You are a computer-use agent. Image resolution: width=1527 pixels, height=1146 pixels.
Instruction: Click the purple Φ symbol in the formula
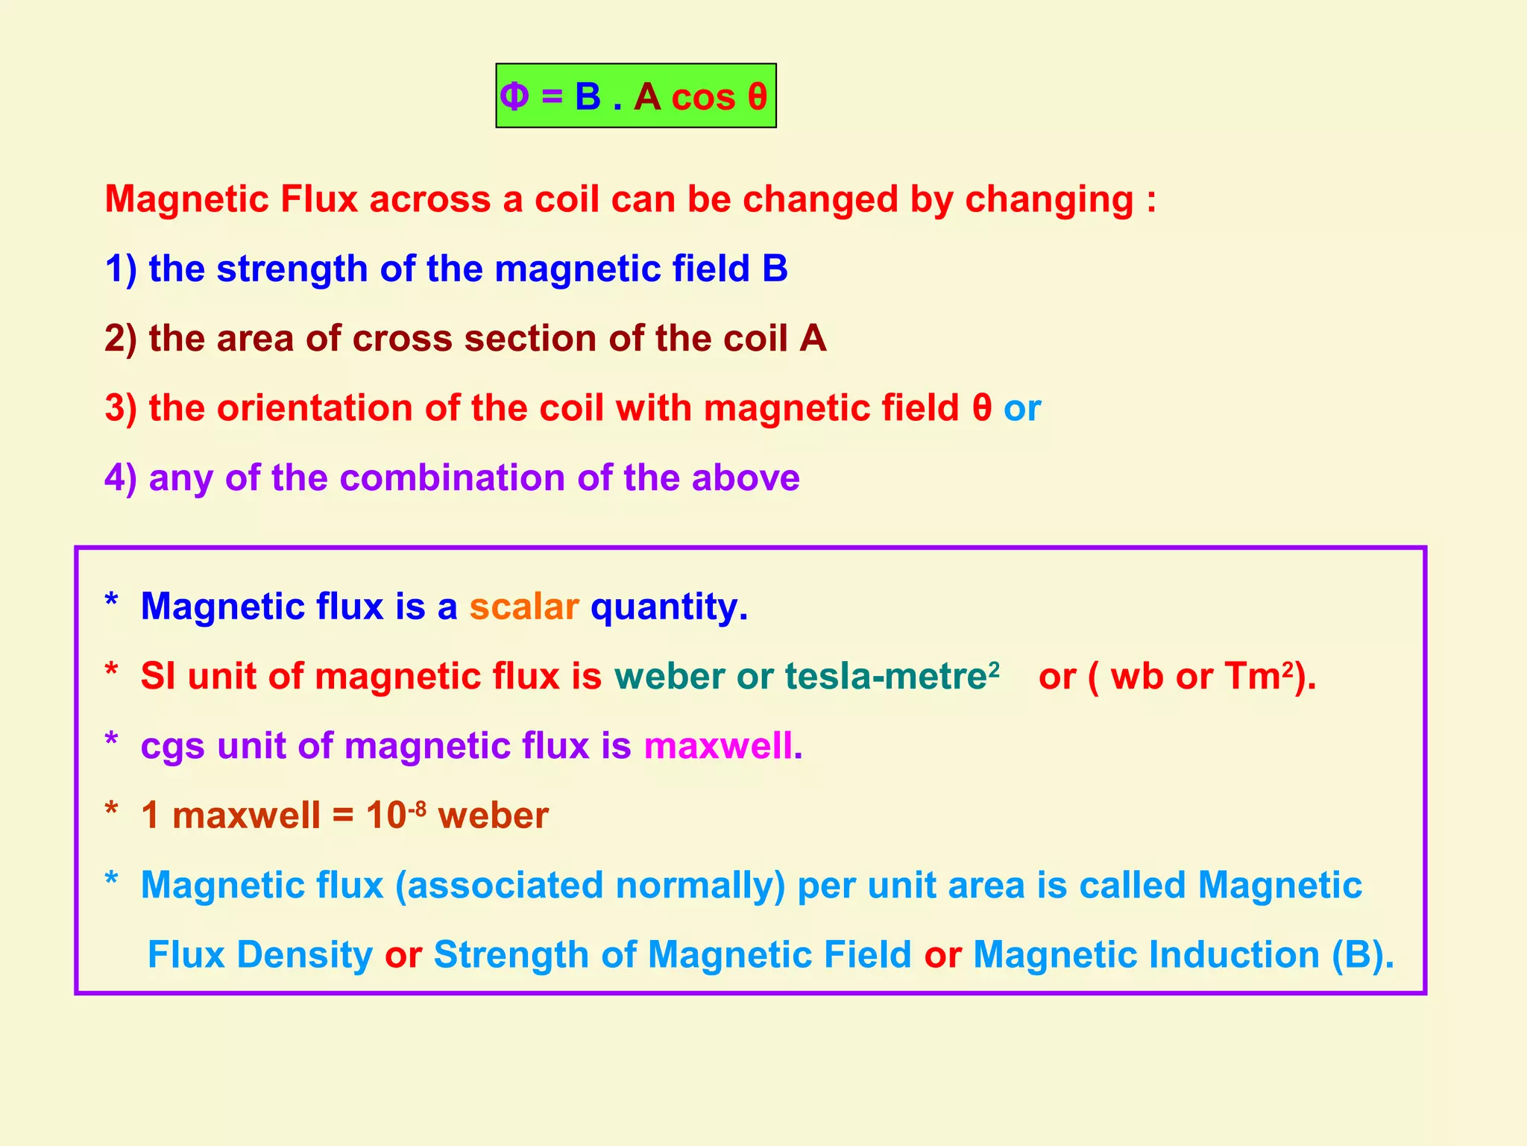[514, 96]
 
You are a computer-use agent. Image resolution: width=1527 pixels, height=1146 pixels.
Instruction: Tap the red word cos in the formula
[703, 98]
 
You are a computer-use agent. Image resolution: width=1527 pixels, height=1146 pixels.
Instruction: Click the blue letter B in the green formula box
[588, 96]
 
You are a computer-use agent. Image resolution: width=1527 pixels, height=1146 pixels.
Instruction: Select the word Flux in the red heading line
[318, 199]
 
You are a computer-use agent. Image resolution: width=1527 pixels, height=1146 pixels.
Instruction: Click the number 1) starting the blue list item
[121, 269]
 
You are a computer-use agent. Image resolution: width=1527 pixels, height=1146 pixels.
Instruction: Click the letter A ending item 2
[813, 338]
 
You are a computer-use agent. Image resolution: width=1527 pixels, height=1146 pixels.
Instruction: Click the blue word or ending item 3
[1021, 409]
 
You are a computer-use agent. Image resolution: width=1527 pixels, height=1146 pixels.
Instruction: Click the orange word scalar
[523, 607]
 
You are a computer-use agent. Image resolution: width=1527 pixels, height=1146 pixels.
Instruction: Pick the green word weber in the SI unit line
[669, 676]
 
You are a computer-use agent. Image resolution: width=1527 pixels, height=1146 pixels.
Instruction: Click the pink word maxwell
[718, 745]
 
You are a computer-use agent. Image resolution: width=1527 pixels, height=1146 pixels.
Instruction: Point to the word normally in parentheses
[696, 886]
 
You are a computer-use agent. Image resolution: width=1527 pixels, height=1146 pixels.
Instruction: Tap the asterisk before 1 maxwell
[111, 810]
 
